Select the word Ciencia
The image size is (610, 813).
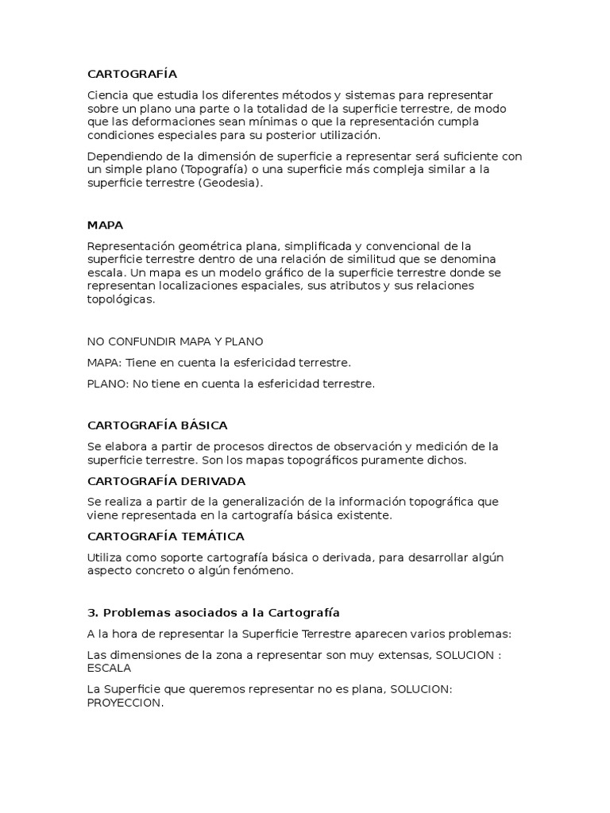point(109,95)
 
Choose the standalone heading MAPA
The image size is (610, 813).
point(105,225)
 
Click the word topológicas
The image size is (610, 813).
point(122,299)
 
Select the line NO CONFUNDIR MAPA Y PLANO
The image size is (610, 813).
point(175,341)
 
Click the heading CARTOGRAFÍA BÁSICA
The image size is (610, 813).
point(157,426)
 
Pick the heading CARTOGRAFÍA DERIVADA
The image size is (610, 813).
point(166,481)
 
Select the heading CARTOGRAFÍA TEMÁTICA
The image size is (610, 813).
point(165,537)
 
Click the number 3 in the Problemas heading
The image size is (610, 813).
point(91,613)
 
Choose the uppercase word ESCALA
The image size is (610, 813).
point(109,668)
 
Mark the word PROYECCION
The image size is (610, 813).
point(124,703)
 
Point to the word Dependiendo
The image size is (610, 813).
point(124,156)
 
